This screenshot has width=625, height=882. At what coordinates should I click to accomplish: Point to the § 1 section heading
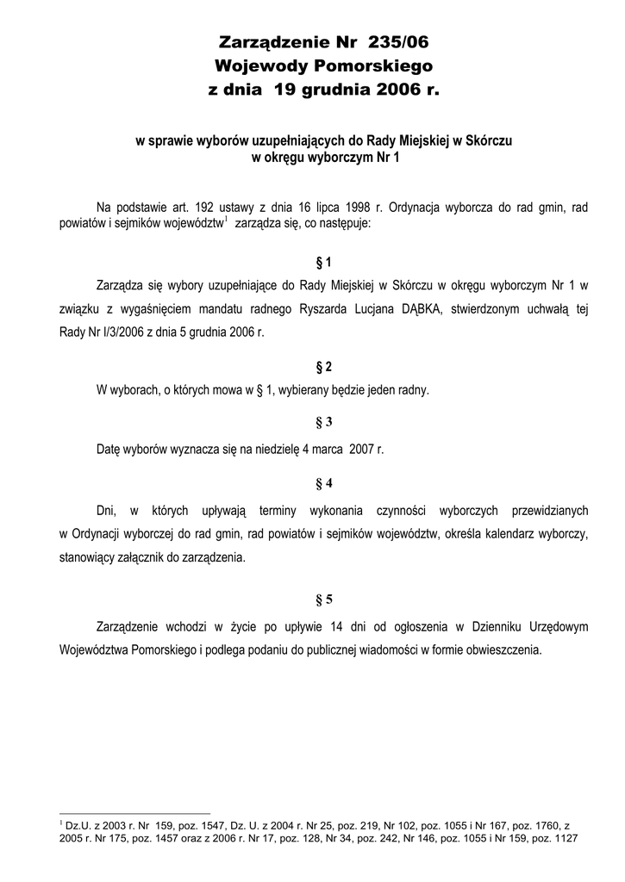click(x=324, y=262)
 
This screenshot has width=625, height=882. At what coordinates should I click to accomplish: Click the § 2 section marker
click(x=324, y=366)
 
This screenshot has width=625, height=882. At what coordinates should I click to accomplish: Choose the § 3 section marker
click(x=324, y=422)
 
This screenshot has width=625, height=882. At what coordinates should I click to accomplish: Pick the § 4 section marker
click(x=324, y=482)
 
